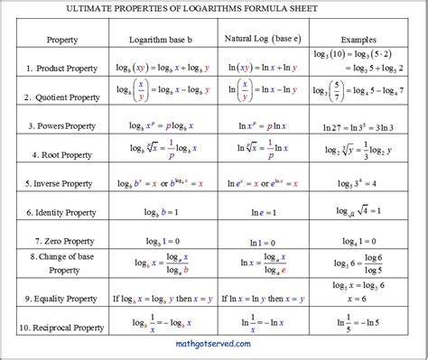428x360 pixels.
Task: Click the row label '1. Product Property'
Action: point(61,68)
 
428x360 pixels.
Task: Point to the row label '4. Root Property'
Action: point(61,154)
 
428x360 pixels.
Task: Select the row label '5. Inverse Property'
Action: point(61,182)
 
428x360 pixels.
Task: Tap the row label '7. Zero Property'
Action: point(61,242)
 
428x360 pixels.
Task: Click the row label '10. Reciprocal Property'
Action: point(61,323)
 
